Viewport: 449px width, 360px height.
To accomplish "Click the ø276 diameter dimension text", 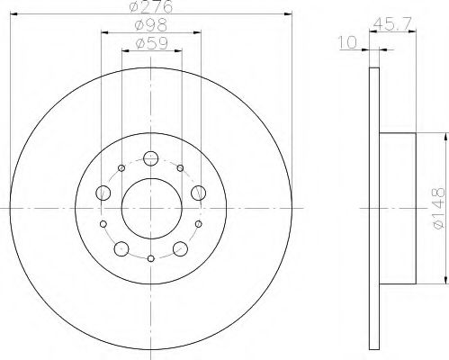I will (151, 7).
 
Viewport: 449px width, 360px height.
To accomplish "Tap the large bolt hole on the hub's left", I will (103, 193).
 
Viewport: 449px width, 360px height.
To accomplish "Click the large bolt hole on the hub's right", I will (198, 191).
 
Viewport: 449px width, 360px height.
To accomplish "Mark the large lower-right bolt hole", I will (179, 248).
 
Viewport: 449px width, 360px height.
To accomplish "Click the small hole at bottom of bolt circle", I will (151, 259).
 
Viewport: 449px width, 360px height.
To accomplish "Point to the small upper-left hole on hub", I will (121, 168).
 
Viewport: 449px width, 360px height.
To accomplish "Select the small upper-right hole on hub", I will (181, 168).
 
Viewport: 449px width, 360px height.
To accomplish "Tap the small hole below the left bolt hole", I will (103, 223).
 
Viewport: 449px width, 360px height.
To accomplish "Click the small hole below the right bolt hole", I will (199, 223).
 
